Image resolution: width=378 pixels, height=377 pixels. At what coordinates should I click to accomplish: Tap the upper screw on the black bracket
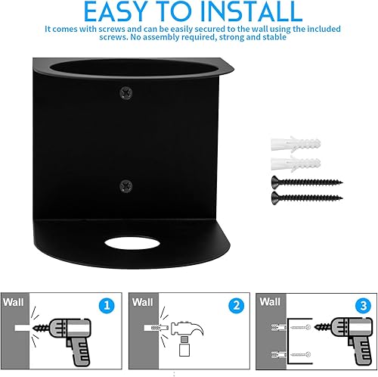(126, 92)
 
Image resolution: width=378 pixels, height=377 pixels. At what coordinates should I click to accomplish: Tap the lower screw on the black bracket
(126, 186)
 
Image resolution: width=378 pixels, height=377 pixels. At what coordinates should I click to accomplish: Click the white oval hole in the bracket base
(132, 243)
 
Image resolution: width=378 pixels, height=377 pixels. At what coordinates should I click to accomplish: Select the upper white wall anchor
(296, 145)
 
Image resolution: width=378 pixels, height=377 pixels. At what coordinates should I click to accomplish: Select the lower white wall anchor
(296, 164)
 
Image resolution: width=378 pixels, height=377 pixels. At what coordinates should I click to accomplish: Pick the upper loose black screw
(307, 182)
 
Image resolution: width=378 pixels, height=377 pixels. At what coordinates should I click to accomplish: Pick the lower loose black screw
(307, 198)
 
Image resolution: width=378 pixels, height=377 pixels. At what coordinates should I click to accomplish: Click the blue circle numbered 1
(107, 306)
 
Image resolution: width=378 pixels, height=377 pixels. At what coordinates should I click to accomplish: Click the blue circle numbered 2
(236, 306)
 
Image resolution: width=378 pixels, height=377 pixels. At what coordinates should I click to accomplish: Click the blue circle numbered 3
(363, 306)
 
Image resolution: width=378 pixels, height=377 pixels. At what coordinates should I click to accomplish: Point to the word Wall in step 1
(14, 302)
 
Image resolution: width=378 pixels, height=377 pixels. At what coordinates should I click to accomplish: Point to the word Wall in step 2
(143, 302)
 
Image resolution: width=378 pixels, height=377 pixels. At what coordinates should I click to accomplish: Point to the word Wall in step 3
(270, 301)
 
